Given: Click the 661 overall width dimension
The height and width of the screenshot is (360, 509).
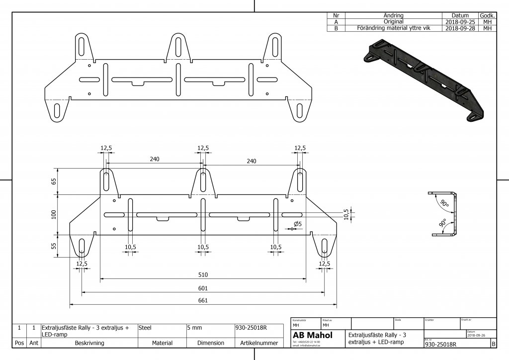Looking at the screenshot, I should (203, 300).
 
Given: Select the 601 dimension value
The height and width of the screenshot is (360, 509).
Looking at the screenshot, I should (203, 288).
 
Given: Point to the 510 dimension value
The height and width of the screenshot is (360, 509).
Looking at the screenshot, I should (203, 275).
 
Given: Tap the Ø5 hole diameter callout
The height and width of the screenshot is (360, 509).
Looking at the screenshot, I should (298, 224).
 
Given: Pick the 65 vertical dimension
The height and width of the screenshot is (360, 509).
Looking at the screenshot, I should (54, 181).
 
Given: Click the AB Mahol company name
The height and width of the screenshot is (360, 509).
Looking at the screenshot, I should (312, 336).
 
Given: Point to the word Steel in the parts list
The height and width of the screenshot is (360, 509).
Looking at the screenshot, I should (145, 328).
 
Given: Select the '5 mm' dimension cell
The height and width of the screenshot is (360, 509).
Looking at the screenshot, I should (194, 328).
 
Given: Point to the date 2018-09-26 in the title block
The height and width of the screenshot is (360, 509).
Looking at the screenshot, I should (478, 336).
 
